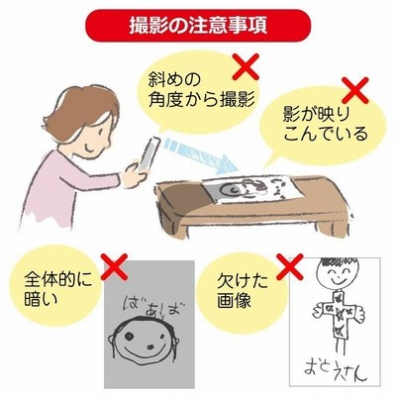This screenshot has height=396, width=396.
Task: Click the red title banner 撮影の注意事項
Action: [198, 26]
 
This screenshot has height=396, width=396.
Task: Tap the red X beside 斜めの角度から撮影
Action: [246, 67]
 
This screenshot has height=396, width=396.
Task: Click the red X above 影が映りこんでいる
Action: [355, 90]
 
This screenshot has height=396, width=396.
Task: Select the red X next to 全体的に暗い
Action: [114, 267]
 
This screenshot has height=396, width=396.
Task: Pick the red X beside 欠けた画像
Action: [290, 267]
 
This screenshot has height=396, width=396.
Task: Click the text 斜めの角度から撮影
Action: [201, 90]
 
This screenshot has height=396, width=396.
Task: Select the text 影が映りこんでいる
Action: [325, 125]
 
